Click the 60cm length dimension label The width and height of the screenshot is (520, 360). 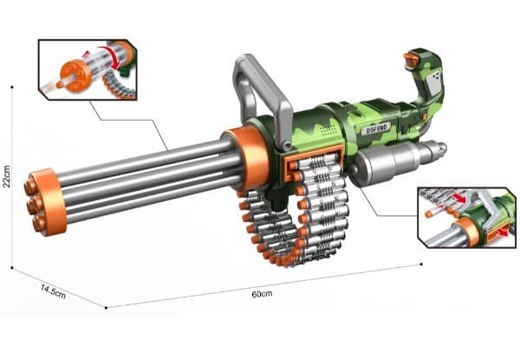[262, 294]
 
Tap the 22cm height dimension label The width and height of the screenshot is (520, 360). [7, 176]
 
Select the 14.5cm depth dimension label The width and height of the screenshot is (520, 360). [53, 291]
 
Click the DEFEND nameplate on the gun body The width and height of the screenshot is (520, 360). [376, 128]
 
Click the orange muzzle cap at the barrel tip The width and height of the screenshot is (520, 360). [45, 201]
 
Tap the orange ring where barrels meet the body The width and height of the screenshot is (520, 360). [247, 159]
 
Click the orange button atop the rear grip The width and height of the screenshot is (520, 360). [410, 59]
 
